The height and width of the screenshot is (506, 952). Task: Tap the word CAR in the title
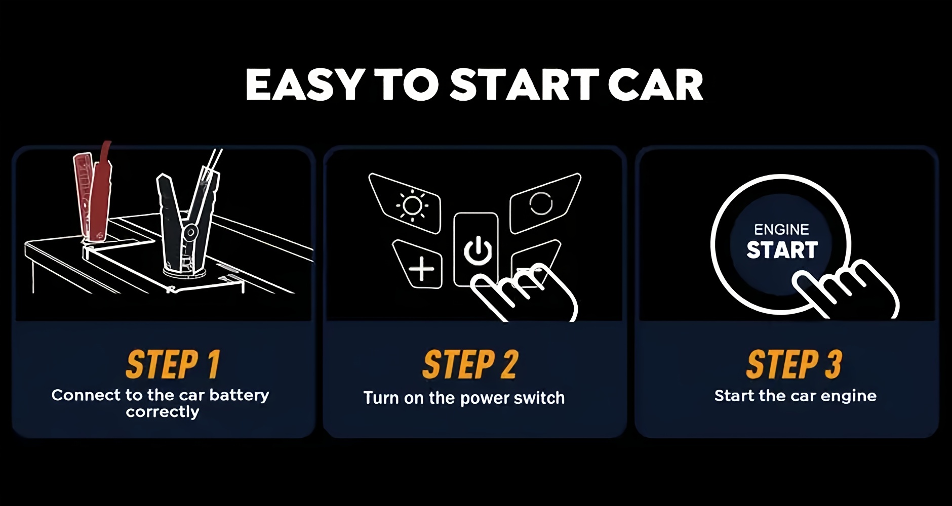pyautogui.click(x=655, y=85)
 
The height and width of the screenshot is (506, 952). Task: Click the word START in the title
pyautogui.click(x=525, y=85)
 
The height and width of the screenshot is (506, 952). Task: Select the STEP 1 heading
pyautogui.click(x=173, y=364)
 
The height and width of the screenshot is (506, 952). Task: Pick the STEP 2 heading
pyautogui.click(x=470, y=364)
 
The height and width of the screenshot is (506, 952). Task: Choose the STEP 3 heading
pyautogui.click(x=794, y=364)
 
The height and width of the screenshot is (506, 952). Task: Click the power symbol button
pyautogui.click(x=476, y=249)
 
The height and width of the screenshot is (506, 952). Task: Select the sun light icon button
pyautogui.click(x=408, y=204)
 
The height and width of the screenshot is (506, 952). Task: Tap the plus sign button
pyautogui.click(x=419, y=265)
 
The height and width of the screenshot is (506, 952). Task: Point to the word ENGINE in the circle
pyautogui.click(x=781, y=230)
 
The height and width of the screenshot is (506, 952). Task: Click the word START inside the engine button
pyautogui.click(x=782, y=250)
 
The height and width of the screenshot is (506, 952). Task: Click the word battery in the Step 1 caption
pyautogui.click(x=239, y=395)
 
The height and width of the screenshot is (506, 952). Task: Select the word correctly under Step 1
pyautogui.click(x=163, y=412)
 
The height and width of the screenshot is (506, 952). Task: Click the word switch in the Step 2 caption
pyautogui.click(x=539, y=398)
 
